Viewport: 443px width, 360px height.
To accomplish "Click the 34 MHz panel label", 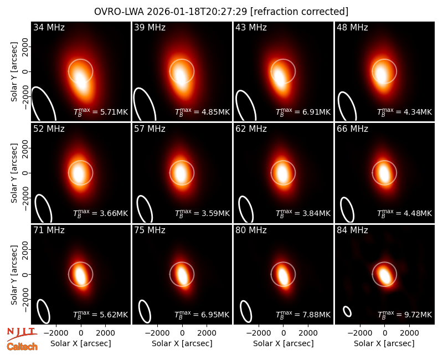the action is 49,27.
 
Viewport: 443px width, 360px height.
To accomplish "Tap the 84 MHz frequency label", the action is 352,230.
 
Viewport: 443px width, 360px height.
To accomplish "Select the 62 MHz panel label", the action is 251,129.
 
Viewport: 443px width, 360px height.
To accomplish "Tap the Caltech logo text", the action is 22,347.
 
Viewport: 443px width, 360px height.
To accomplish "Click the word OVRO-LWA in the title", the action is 119,12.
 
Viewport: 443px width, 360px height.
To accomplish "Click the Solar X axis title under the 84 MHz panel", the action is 384,343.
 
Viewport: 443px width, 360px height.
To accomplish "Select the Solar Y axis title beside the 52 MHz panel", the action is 14,173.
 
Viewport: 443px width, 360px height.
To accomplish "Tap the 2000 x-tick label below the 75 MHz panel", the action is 207,333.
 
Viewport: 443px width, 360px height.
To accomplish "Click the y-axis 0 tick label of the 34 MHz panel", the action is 25,71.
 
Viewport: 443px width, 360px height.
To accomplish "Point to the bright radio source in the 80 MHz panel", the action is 283,275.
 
